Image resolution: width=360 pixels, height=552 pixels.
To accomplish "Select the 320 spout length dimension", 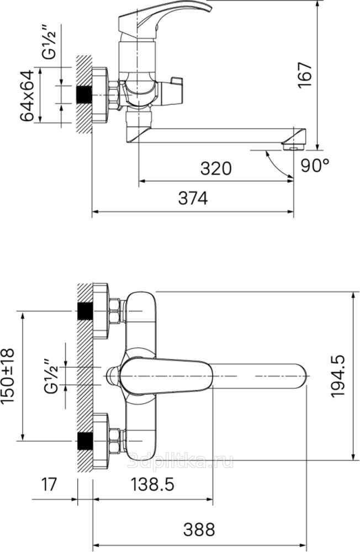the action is [216, 168].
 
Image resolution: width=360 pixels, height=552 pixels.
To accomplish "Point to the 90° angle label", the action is [315, 165].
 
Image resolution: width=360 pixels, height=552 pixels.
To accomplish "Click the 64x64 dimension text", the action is [27, 95].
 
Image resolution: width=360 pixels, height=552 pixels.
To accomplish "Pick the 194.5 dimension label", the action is [338, 376].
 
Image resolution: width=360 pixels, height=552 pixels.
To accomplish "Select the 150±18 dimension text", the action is [8, 376].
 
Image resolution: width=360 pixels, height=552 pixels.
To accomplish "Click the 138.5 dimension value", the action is [152, 485].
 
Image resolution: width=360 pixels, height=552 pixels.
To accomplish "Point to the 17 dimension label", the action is [49, 485].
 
